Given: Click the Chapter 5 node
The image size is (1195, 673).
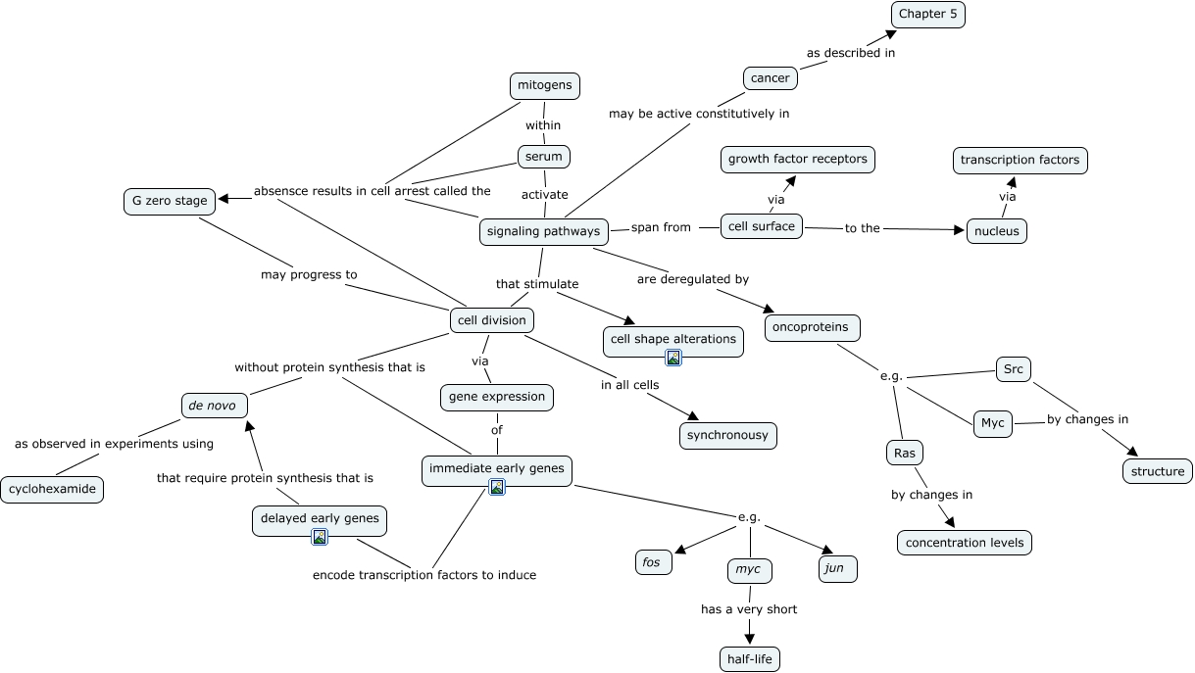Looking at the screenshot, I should pos(927,14).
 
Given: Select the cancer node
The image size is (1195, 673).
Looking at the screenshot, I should pos(770,78).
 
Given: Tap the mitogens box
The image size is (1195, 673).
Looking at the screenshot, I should pos(544,85).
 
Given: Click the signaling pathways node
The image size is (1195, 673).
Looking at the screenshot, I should pos(542,232).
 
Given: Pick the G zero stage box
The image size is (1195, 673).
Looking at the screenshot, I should pos(170,201).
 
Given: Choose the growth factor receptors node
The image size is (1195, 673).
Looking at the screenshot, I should pos(798,159).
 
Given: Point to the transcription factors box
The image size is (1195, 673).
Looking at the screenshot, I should pos(1020,160).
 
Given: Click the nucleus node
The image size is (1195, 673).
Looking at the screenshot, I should pos(997,231).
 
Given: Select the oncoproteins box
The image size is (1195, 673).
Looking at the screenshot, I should pos(812,326).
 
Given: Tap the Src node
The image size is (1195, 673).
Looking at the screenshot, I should pos(1013,369).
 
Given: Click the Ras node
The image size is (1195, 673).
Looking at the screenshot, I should pos(903,453).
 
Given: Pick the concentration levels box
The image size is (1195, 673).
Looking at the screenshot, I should pos(965,542).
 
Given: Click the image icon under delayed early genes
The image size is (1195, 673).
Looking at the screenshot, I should pos(319,536).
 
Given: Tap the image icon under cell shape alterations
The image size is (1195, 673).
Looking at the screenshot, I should pos(673,358).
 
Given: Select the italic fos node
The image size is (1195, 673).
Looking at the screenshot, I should pos(653,562).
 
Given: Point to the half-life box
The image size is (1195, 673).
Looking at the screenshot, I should pos(750,659).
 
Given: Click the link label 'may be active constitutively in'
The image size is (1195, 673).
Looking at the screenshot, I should pos(699,114).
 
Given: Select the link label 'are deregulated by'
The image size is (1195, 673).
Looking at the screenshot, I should pos(692,279).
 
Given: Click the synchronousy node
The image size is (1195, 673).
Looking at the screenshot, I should pos(727,435).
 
